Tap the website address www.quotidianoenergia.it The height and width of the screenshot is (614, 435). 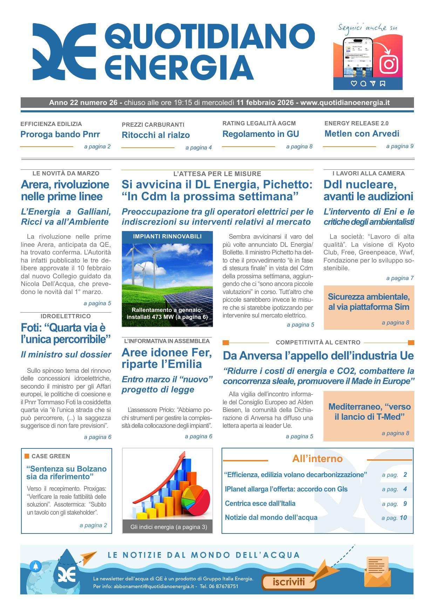pos(345,103)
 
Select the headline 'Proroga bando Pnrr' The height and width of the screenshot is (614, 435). pos(60,134)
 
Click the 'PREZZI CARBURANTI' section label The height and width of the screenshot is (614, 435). pos(153,125)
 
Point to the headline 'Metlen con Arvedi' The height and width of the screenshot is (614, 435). pos(362,134)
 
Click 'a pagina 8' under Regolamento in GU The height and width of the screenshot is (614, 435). pos(299,147)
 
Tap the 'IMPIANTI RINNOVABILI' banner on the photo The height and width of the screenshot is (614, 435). pos(167,237)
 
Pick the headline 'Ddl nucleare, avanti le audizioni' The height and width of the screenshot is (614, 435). pos(368,190)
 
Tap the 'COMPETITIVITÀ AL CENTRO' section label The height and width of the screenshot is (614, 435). pos(318,342)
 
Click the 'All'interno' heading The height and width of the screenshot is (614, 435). pos(317,459)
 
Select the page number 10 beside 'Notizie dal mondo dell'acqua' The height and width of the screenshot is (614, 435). pos(403,518)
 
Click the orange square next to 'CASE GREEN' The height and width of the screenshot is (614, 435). pos(27,456)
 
